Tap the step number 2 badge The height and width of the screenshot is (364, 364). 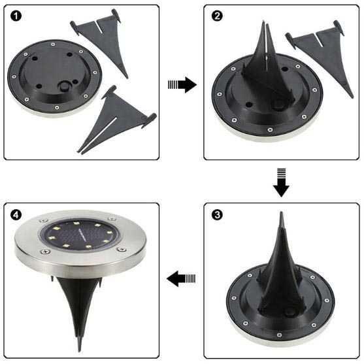217,17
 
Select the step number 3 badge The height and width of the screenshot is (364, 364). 217,215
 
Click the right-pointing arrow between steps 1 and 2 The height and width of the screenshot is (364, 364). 182,84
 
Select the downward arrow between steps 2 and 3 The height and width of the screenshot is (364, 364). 281,181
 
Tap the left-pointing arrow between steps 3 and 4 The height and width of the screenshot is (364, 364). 182,280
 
